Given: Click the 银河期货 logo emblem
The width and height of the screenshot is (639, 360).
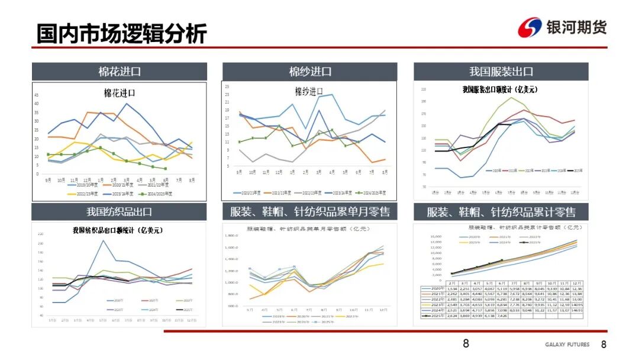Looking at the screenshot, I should coord(530,27).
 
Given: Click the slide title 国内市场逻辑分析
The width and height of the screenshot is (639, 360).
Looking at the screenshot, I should coord(121,34).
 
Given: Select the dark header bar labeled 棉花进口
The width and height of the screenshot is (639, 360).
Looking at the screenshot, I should coord(119,72).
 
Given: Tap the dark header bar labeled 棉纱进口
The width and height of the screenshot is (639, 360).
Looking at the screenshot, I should coord(310,72).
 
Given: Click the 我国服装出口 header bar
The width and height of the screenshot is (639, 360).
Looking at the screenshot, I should coord(501,72).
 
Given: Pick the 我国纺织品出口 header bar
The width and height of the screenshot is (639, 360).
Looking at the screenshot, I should coord(119,212).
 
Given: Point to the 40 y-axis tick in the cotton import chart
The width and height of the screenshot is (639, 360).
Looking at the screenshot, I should coord(37,104).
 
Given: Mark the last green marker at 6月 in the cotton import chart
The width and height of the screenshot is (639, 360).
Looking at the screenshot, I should coord(165,169).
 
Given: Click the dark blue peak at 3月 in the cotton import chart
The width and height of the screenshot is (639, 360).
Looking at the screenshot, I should coord(126,104).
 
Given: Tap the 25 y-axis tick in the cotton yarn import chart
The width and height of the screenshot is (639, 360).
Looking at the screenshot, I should coord(227,86).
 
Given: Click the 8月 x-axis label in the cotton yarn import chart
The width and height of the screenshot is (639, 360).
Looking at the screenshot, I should coord(385,172).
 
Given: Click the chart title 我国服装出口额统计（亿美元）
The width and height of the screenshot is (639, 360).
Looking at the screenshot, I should coord(500,90).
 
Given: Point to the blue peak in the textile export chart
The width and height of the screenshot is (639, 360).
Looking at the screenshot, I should coord(103,240).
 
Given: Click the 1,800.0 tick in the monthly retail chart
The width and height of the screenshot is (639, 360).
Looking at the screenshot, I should coord(231,236).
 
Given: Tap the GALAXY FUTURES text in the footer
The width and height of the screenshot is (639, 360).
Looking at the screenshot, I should coord(567,345).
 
